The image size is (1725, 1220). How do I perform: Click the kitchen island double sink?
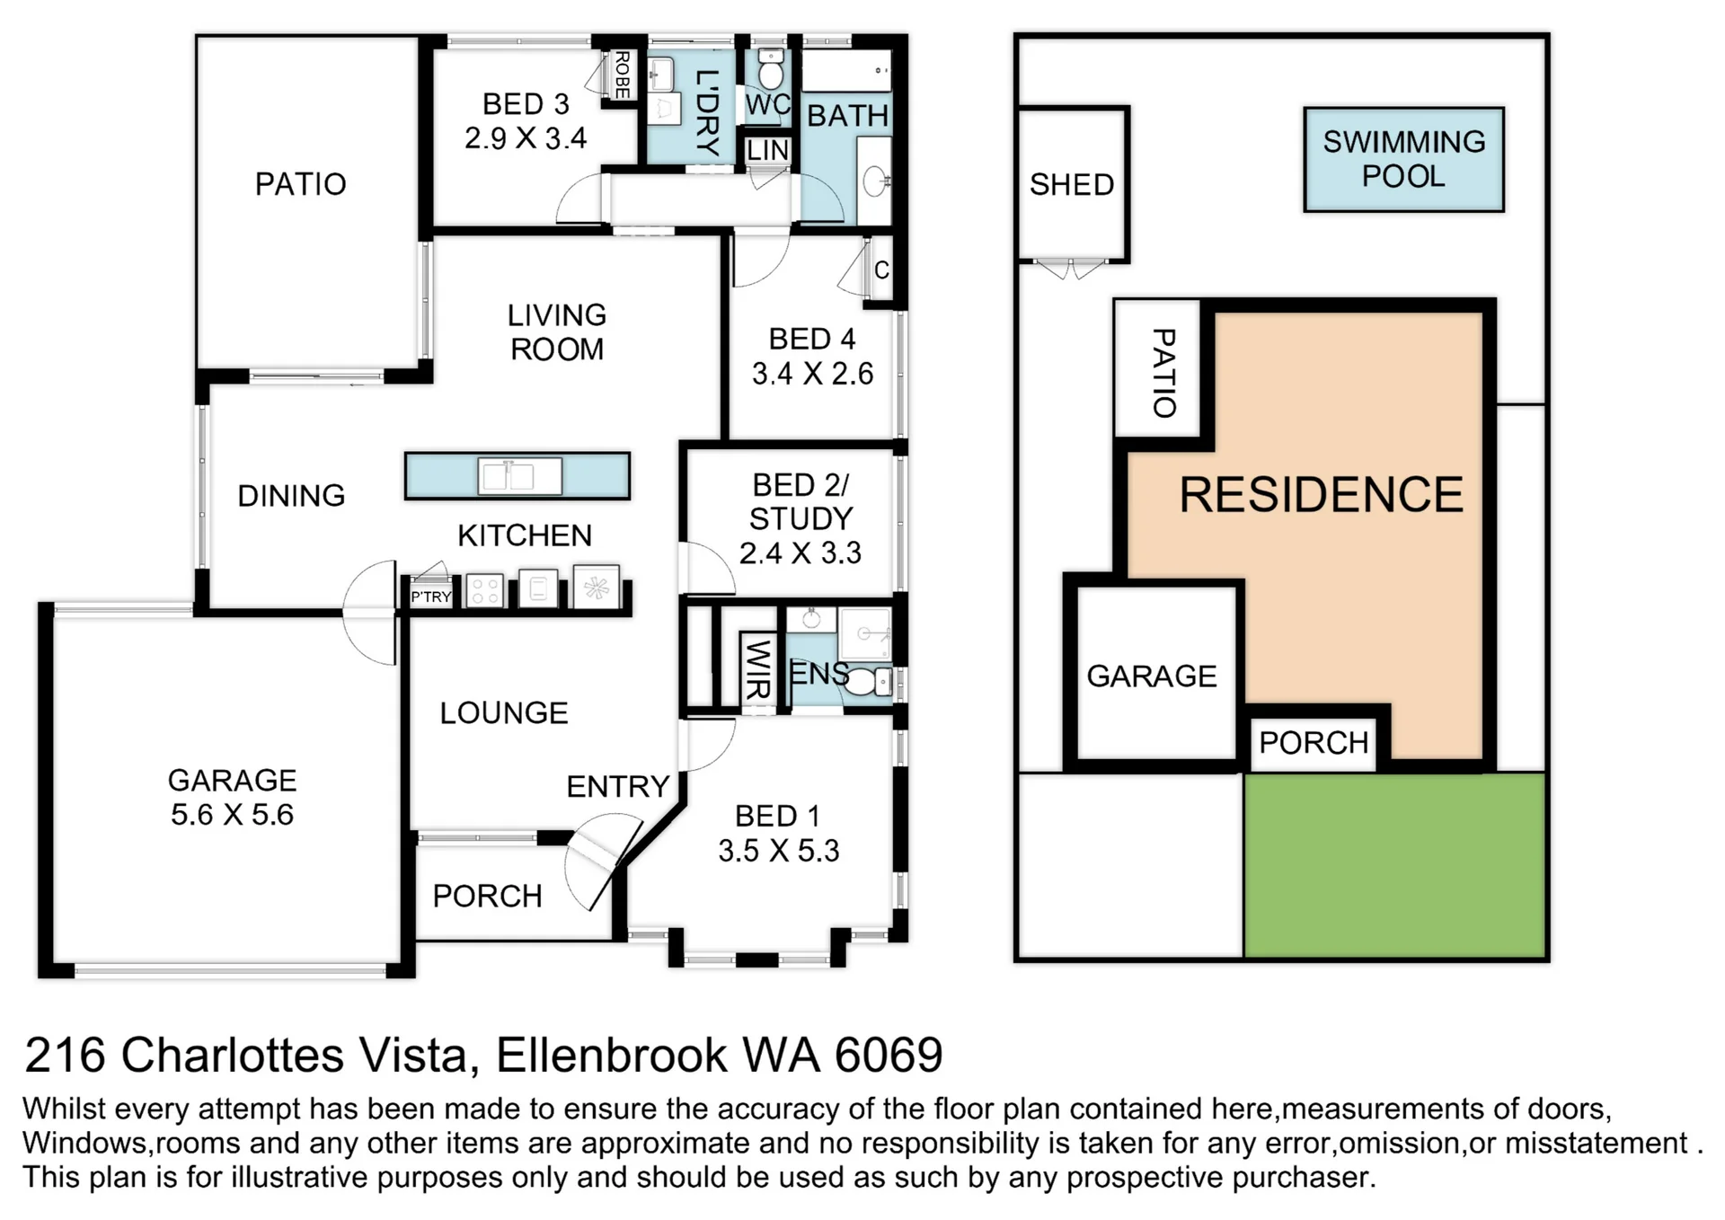click(520, 475)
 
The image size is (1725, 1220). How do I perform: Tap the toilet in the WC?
click(770, 69)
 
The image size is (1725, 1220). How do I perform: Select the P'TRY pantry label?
click(430, 597)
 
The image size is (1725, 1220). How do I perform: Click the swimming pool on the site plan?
click(1403, 160)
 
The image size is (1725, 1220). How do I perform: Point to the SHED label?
click(1072, 184)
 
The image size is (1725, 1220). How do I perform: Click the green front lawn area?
click(1394, 865)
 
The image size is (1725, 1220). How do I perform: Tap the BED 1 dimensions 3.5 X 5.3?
click(779, 850)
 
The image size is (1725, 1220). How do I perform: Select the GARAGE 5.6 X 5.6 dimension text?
click(232, 814)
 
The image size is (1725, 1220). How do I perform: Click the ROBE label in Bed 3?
click(621, 75)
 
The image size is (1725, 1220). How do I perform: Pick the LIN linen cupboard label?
click(768, 150)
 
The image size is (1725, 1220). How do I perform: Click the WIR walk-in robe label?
click(757, 669)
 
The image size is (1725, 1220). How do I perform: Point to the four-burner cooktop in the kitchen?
click(485, 590)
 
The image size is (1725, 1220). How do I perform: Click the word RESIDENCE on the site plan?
click(1321, 495)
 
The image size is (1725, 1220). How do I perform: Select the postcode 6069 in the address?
click(889, 1055)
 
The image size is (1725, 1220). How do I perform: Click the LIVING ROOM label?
click(557, 332)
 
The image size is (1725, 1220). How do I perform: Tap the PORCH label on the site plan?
click(1314, 743)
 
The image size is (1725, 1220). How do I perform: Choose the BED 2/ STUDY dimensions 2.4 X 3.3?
click(801, 553)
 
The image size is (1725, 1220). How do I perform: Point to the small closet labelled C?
click(881, 270)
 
